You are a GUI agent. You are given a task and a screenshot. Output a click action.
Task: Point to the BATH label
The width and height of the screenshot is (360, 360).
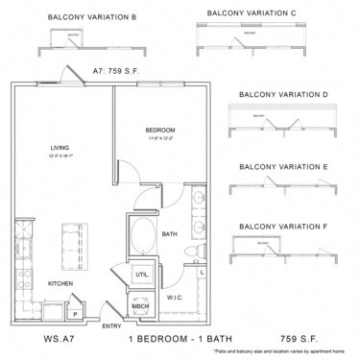click(x=169, y=233)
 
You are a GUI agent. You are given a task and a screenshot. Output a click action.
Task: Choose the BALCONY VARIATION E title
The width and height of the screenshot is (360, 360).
click(x=283, y=167)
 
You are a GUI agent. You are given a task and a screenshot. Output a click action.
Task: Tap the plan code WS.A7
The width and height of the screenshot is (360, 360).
click(x=33, y=340)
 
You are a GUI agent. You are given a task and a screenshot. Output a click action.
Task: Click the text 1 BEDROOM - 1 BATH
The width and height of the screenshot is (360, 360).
click(x=168, y=340)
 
